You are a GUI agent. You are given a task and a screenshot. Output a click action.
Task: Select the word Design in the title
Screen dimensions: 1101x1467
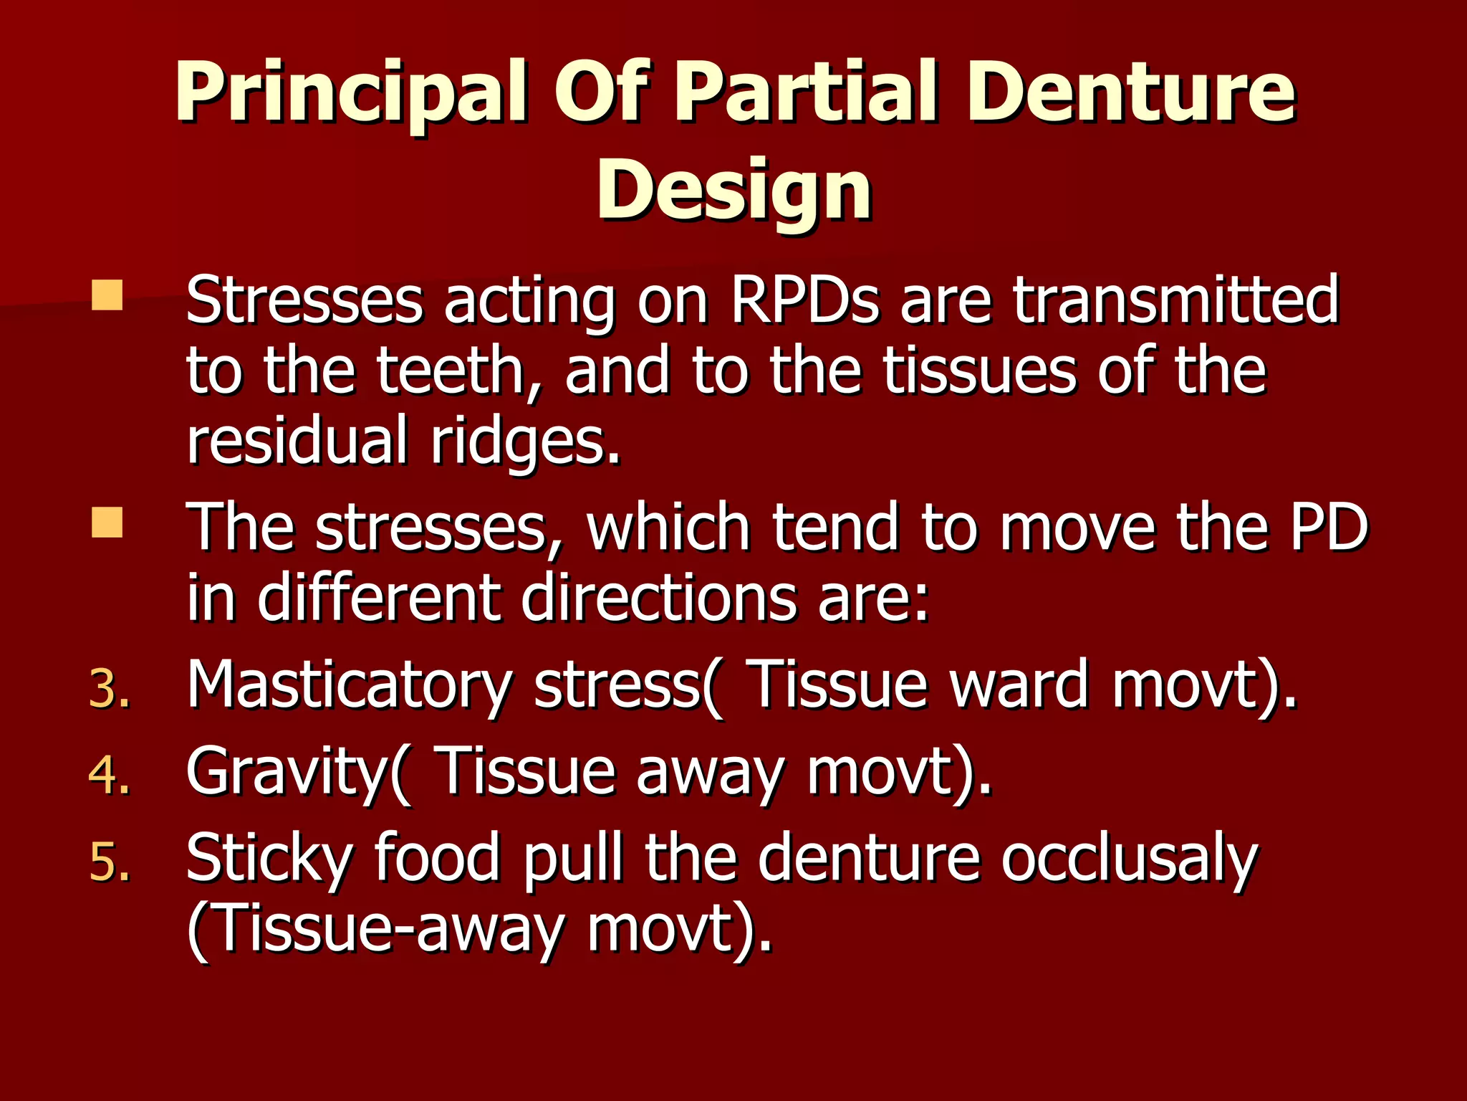coord(734,190)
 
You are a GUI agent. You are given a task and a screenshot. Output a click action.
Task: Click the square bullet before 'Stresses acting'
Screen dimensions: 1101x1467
coord(107,295)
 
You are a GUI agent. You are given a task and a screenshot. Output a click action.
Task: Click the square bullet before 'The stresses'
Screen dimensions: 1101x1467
coord(107,523)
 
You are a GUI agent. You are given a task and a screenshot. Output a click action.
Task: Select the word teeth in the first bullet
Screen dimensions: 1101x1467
coord(458,371)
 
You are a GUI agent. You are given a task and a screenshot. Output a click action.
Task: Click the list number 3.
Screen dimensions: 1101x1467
coord(110,689)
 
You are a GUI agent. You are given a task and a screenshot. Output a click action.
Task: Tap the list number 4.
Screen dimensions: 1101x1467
coord(110,775)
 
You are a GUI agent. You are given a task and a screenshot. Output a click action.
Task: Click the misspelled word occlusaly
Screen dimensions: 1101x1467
coord(1129,859)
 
